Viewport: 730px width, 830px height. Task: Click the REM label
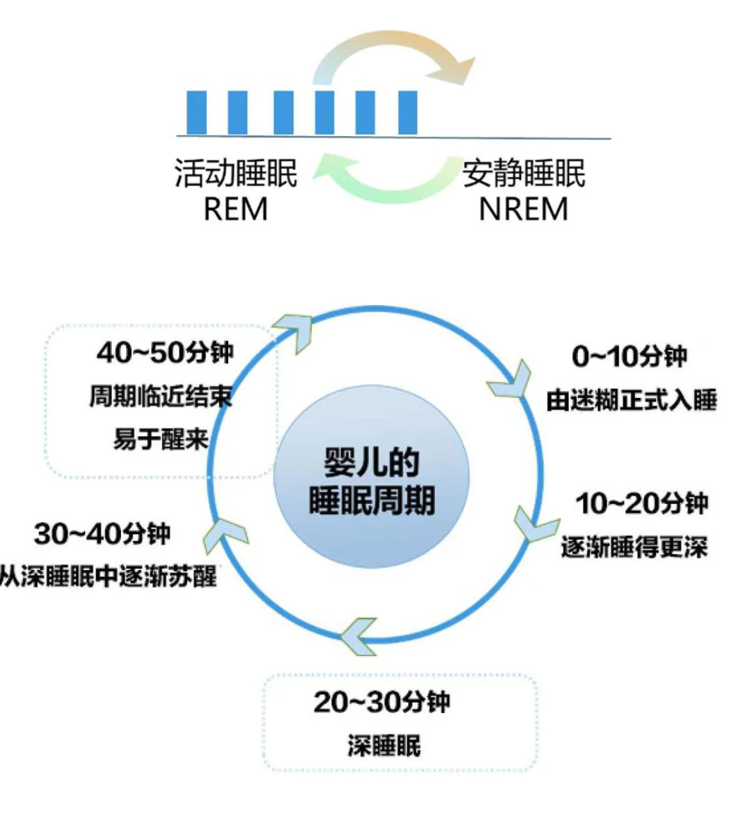coord(235,209)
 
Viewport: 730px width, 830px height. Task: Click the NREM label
coord(523,209)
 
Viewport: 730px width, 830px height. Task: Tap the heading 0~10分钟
coord(629,357)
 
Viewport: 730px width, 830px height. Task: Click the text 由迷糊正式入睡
coord(631,400)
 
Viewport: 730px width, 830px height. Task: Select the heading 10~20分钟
coord(641,504)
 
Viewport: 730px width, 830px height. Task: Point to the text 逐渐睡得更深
coord(634,547)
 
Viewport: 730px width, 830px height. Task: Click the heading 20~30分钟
coord(382,702)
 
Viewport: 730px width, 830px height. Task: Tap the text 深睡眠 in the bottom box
coord(384,745)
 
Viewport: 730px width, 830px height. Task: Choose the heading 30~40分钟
coord(102,533)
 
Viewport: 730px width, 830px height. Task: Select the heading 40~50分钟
coord(164,352)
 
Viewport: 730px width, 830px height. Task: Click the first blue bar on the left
coord(196,113)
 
